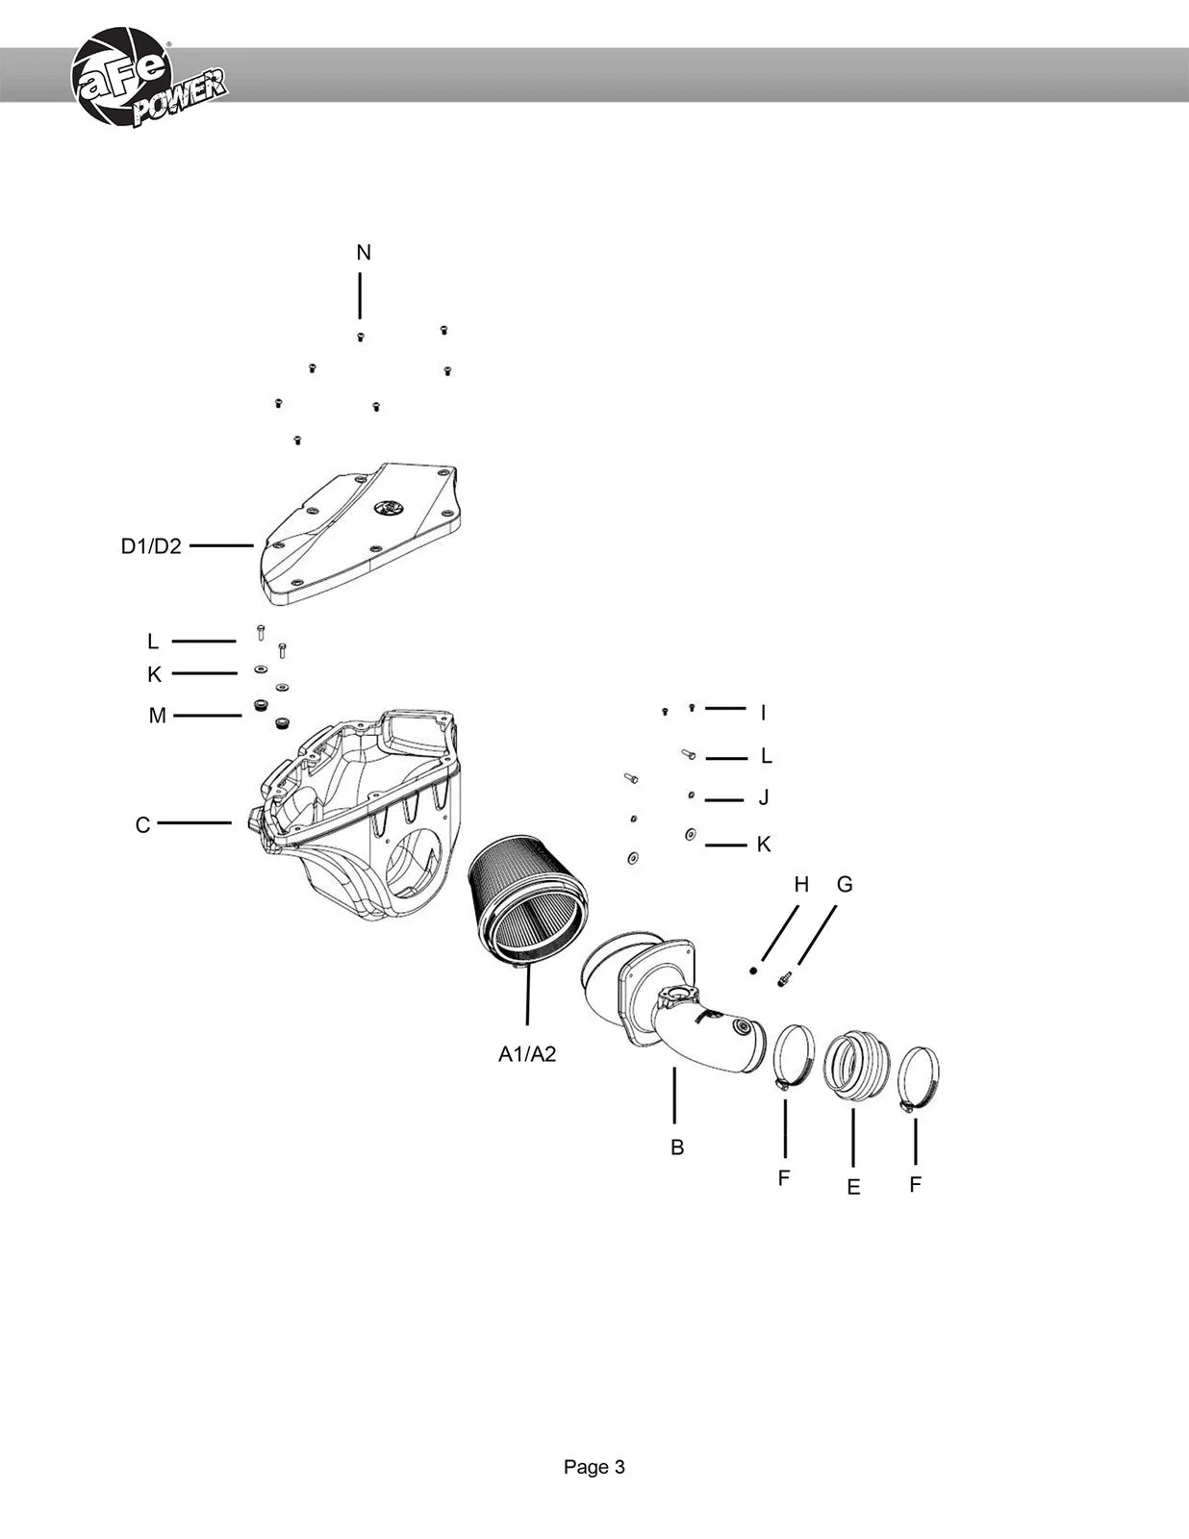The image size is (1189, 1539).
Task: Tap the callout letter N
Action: click(x=364, y=252)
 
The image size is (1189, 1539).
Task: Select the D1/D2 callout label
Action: click(x=151, y=546)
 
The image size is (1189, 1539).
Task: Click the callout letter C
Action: click(x=142, y=825)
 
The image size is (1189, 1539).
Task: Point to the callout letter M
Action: click(x=157, y=716)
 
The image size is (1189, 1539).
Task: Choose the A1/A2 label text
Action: click(x=527, y=1054)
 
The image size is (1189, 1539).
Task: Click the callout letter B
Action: click(x=677, y=1148)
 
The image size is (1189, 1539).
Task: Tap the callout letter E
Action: click(x=853, y=1187)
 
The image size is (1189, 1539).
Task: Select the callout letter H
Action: click(x=801, y=884)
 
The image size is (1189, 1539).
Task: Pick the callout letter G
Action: click(x=845, y=884)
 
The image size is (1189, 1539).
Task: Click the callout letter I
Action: click(x=763, y=713)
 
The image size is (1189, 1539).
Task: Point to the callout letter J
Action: click(x=763, y=797)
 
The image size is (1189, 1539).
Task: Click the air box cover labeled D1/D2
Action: click(x=361, y=535)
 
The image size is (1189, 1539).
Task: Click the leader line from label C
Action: click(x=194, y=823)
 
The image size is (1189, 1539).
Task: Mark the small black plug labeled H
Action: click(x=753, y=971)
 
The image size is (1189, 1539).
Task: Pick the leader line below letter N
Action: click(x=360, y=296)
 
